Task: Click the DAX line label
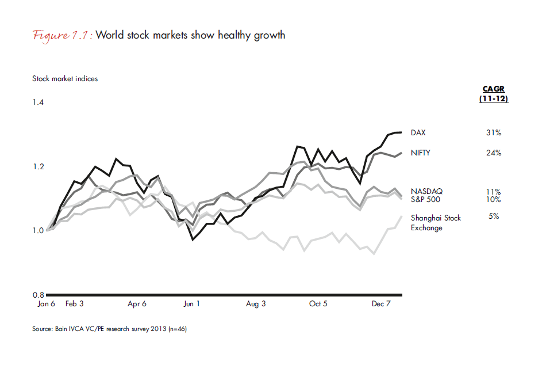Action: click(x=418, y=133)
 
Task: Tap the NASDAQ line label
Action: click(x=426, y=191)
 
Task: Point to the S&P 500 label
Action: click(x=426, y=199)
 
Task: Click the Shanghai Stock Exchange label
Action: click(x=436, y=222)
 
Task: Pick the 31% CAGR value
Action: click(x=493, y=133)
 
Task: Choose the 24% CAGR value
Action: click(x=493, y=153)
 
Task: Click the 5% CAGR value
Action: click(x=493, y=216)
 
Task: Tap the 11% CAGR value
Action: click(x=493, y=191)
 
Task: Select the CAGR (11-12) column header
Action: click(x=493, y=93)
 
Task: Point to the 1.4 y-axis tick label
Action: click(x=38, y=102)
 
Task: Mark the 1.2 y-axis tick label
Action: click(x=38, y=167)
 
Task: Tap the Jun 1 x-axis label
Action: click(x=191, y=304)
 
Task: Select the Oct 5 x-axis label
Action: click(x=318, y=304)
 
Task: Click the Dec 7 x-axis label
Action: click(x=381, y=304)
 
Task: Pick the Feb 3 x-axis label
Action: click(x=75, y=304)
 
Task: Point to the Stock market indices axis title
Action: click(x=65, y=79)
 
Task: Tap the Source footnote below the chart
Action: click(x=109, y=329)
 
